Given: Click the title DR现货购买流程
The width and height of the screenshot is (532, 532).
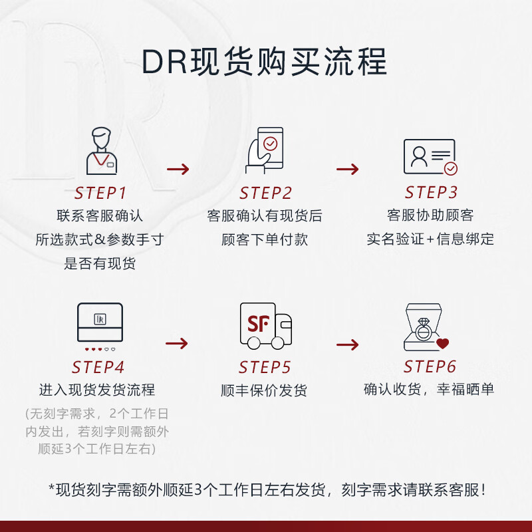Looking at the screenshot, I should (x=265, y=63).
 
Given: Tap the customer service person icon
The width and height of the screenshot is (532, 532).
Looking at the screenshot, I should (x=100, y=152).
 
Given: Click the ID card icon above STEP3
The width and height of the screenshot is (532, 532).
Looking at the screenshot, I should (x=430, y=157).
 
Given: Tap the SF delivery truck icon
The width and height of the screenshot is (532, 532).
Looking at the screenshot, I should (x=265, y=325).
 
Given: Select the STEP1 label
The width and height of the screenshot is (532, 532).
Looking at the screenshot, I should (x=100, y=194).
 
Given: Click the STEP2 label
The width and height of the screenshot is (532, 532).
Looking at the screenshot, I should (x=265, y=194).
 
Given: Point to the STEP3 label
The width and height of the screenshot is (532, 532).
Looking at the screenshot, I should (x=431, y=193).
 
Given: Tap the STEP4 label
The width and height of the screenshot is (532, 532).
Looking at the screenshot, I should (x=99, y=367).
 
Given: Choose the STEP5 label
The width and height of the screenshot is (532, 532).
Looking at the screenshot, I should (x=265, y=367).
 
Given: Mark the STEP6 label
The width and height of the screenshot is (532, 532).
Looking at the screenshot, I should (x=430, y=366).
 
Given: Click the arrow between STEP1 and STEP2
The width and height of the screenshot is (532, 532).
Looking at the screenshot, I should (x=178, y=169).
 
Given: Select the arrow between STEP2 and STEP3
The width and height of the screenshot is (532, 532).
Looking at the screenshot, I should (x=347, y=169).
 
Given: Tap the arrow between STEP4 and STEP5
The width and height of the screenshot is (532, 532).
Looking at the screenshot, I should (x=177, y=343).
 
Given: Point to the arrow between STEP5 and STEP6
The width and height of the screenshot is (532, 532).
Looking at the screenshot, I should (x=347, y=344).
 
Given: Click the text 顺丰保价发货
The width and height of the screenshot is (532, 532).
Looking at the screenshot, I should (x=264, y=390).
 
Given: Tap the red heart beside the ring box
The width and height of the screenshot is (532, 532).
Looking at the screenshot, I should (x=443, y=344).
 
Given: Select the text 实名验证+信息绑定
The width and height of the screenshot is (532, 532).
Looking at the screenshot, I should (x=430, y=239).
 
